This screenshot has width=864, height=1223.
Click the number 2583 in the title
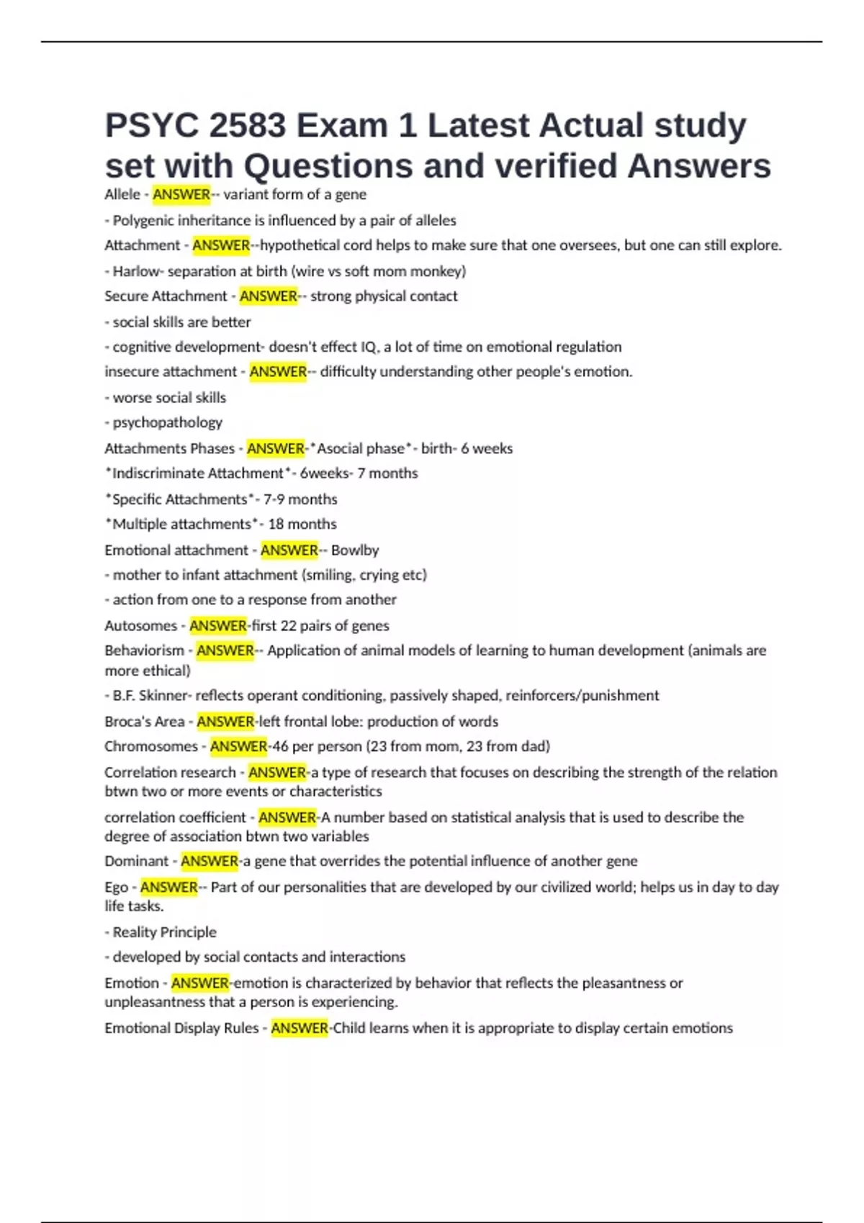pyautogui.click(x=246, y=126)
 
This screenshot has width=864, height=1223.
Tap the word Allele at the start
pyautogui.click(x=122, y=194)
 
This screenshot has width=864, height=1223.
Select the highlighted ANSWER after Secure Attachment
pyautogui.click(x=268, y=296)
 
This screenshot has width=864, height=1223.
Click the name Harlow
pyautogui.click(x=135, y=271)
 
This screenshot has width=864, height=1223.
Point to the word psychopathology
pyautogui.click(x=167, y=422)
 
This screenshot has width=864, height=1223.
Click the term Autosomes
pyautogui.click(x=140, y=625)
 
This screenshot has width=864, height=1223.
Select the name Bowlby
pyautogui.click(x=355, y=550)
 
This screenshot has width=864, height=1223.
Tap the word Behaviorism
pyautogui.click(x=144, y=650)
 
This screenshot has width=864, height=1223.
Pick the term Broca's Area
pyautogui.click(x=144, y=721)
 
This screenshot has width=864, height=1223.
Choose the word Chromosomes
pyautogui.click(x=150, y=746)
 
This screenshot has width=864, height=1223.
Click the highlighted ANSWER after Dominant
pyautogui.click(x=210, y=861)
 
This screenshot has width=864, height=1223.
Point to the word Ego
pyautogui.click(x=116, y=888)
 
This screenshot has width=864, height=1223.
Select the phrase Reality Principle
pyautogui.click(x=164, y=932)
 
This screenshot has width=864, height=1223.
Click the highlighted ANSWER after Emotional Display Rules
pyautogui.click(x=300, y=1028)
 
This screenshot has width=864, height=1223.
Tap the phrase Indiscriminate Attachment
pyautogui.click(x=197, y=473)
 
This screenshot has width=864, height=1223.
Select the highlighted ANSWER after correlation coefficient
pyautogui.click(x=287, y=817)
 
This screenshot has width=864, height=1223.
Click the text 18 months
pyautogui.click(x=302, y=524)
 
